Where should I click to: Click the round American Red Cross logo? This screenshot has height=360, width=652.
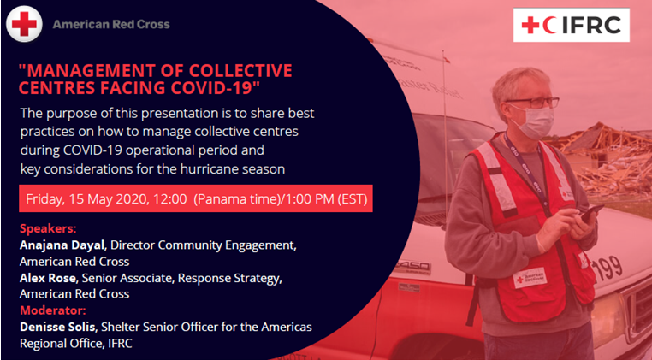[24, 24]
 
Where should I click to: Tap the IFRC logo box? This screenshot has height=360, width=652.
[572, 25]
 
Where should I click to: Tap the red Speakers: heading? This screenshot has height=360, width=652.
[48, 228]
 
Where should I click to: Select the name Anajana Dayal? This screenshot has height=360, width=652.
[62, 245]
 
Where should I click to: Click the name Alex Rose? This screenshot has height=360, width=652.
[48, 278]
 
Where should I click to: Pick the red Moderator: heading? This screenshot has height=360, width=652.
[52, 310]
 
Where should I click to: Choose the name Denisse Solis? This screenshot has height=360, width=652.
[58, 327]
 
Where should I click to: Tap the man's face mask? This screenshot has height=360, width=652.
[533, 122]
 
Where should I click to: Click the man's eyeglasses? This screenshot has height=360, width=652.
[533, 103]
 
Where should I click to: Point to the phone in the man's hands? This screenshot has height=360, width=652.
[592, 213]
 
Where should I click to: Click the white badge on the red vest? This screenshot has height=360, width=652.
[530, 278]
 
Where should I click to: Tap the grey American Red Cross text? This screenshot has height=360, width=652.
[111, 25]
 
